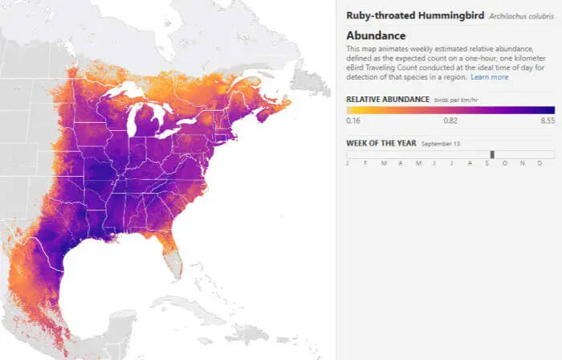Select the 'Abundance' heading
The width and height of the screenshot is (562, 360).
pyautogui.click(x=376, y=35)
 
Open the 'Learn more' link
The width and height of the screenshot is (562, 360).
pyautogui.click(x=489, y=77)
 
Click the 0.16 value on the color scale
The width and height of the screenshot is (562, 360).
pyautogui.click(x=352, y=120)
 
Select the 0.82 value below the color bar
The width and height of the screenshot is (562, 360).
pyautogui.click(x=450, y=120)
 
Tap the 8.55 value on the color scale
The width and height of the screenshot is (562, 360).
pyautogui.click(x=548, y=120)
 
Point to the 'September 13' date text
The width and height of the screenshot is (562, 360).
pyautogui.click(x=439, y=143)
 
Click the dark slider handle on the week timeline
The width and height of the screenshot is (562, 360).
pyautogui.click(x=492, y=154)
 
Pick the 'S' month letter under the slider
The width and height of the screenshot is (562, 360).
pyautogui.click(x=486, y=164)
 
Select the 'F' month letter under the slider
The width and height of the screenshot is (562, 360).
pyautogui.click(x=365, y=164)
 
